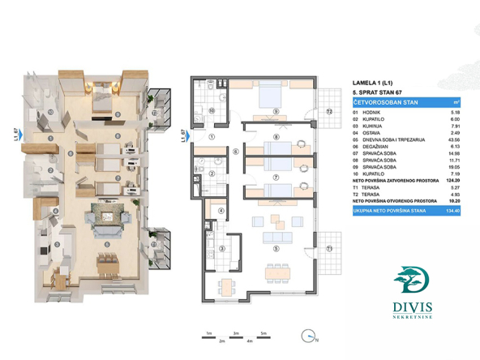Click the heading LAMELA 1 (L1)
click(373, 83)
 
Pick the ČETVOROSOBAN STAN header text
click(384, 103)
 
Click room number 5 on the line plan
click(276, 248)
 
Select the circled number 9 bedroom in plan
click(276, 111)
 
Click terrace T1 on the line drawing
click(328, 247)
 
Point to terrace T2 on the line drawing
click(329, 110)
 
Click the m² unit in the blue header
click(456, 103)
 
